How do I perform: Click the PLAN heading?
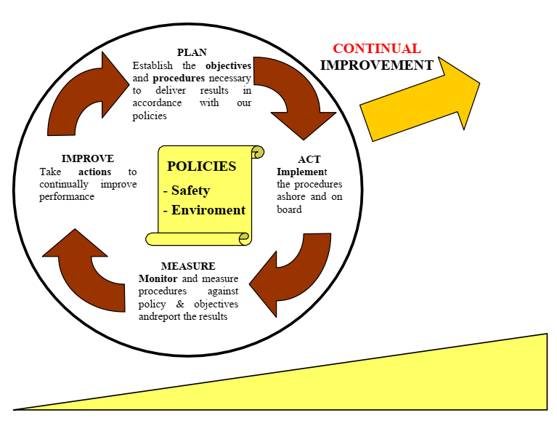[x=192, y=52]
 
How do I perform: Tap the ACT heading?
[x=309, y=159]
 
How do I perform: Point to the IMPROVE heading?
[x=87, y=158]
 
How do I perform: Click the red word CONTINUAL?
[x=376, y=49]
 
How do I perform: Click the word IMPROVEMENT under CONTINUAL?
[x=376, y=65]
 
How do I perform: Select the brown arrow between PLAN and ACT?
[x=290, y=95]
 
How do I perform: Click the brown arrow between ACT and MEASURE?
[x=290, y=273]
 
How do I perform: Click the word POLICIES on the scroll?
[x=201, y=166]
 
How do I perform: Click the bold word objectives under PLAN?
[x=228, y=65]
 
